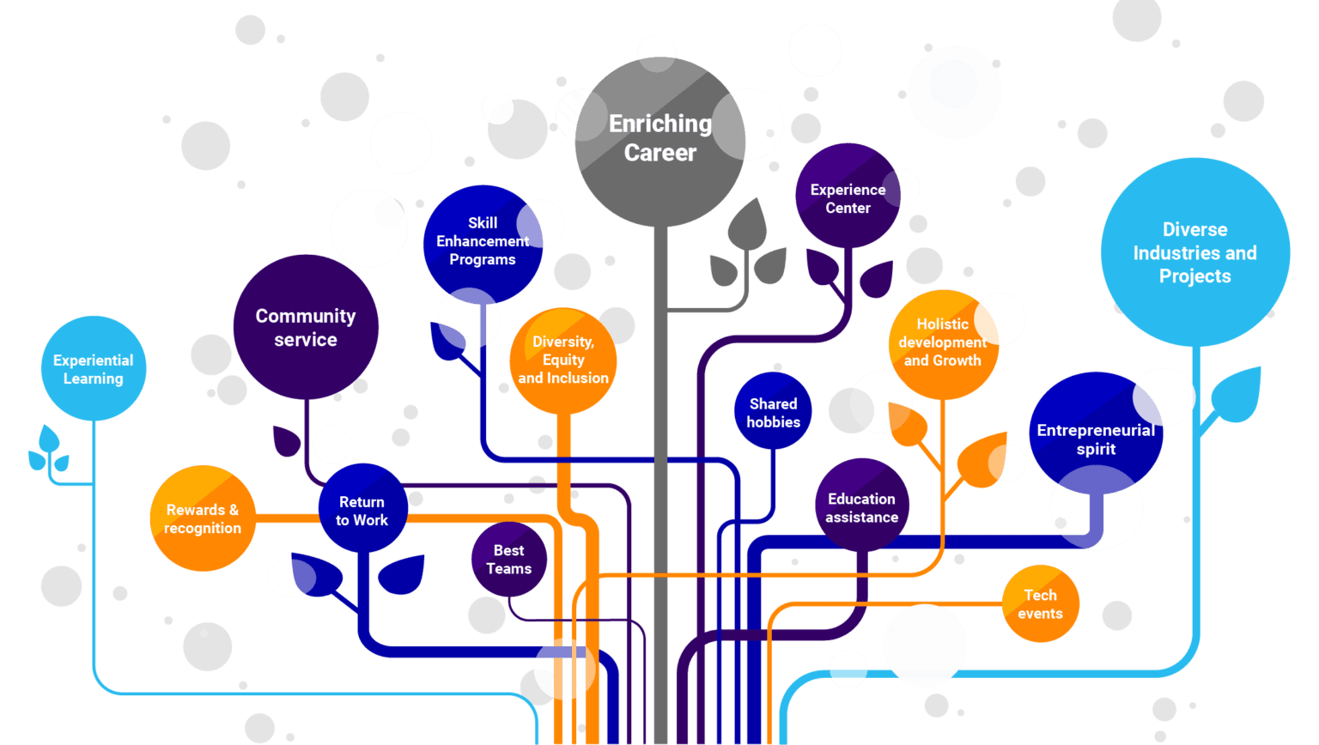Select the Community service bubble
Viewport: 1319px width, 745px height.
pyautogui.click(x=306, y=328)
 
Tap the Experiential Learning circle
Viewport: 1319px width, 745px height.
pyautogui.click(x=94, y=369)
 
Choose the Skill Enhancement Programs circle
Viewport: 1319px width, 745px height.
pyautogui.click(x=482, y=242)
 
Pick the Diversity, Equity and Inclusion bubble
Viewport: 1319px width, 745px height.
pyautogui.click(x=563, y=360)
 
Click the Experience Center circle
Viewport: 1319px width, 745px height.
pyautogui.click(x=848, y=198)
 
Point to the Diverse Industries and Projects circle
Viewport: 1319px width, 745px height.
pyautogui.click(x=1194, y=252)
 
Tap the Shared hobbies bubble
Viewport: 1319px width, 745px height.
pyautogui.click(x=773, y=413)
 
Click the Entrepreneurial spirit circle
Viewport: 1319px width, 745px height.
pyautogui.click(x=1095, y=439)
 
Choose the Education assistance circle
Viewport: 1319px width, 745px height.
pyautogui.click(x=861, y=508)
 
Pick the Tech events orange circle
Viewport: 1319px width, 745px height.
pyautogui.click(x=1040, y=604)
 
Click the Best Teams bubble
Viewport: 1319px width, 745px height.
pyautogui.click(x=508, y=560)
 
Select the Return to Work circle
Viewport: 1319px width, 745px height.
pyautogui.click(x=362, y=511)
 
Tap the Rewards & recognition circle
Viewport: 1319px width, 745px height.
pyautogui.click(x=203, y=519)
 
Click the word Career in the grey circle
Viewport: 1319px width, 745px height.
pyautogui.click(x=659, y=153)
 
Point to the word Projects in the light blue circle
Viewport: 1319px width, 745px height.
pyautogui.click(x=1194, y=276)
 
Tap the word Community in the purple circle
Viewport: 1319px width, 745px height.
pyautogui.click(x=306, y=316)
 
